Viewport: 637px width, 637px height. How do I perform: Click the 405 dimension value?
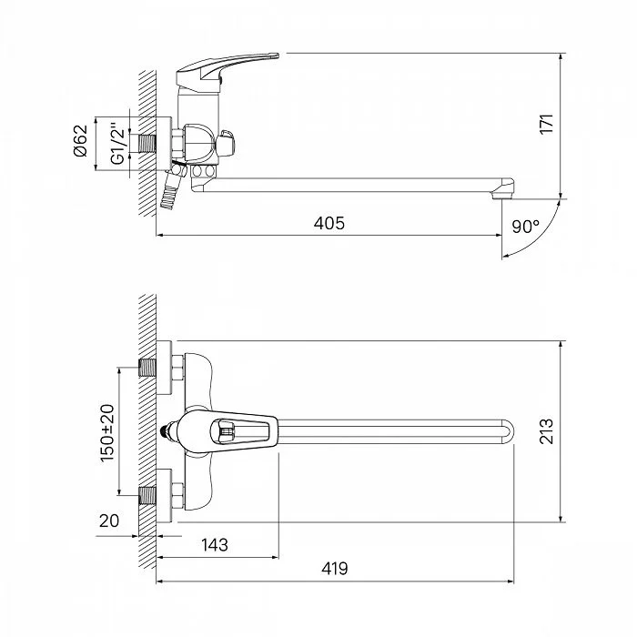[329, 223]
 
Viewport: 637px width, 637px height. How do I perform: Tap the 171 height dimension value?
[547, 124]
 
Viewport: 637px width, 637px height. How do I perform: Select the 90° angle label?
[526, 227]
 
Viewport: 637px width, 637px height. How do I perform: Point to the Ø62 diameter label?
[81, 140]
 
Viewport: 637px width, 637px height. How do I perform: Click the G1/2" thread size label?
[117, 144]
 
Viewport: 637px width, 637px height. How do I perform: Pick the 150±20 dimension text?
[107, 432]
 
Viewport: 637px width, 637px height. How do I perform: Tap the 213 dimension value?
[547, 431]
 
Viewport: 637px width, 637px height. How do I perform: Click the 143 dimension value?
[215, 545]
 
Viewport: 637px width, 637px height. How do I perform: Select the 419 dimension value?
[335, 569]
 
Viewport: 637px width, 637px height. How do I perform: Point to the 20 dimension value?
[109, 521]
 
